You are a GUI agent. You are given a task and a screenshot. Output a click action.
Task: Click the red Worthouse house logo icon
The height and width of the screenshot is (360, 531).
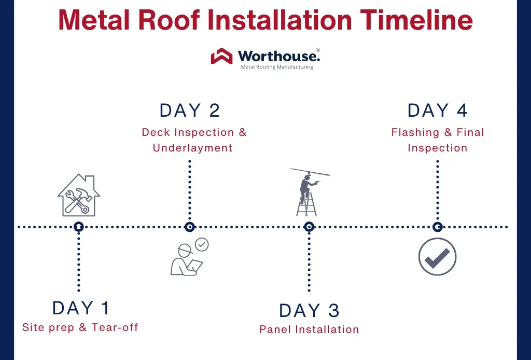click(x=221, y=56)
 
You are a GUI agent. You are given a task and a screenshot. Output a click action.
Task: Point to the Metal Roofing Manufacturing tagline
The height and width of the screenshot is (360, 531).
click(x=277, y=67)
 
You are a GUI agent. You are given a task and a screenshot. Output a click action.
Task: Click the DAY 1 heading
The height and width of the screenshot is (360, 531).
click(x=81, y=308)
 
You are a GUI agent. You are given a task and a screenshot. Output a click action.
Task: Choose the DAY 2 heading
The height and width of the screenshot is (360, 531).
click(x=190, y=110)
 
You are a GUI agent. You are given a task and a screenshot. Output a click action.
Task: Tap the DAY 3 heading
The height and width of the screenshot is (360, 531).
click(x=309, y=310)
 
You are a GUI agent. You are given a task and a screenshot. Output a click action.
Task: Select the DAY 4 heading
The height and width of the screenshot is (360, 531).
click(x=438, y=110)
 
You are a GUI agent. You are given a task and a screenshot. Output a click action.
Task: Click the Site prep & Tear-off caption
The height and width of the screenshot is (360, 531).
click(x=80, y=327)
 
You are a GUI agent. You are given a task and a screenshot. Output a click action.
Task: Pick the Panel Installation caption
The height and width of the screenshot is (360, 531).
click(x=309, y=329)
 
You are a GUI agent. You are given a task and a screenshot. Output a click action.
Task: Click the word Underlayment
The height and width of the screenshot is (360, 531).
click(x=192, y=148)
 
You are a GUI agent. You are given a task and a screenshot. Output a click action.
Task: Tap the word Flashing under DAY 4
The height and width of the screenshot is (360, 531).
click(x=415, y=132)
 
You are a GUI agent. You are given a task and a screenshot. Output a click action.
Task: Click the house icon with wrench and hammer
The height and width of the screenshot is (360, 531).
click(x=78, y=196)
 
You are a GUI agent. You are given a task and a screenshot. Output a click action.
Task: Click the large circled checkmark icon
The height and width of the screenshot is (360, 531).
click(x=437, y=257)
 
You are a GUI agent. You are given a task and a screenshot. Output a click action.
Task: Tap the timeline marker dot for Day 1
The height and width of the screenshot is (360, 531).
click(x=78, y=227)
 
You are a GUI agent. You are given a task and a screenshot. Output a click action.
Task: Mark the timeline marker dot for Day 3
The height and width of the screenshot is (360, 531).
click(x=309, y=227)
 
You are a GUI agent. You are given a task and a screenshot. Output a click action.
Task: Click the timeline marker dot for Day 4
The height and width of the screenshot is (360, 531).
click(x=437, y=227)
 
